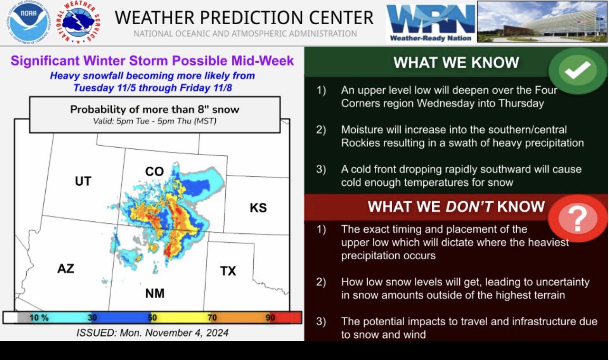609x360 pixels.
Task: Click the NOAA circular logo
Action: [29, 23]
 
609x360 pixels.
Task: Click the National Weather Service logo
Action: [78, 23]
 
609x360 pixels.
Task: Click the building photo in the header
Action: [542, 22]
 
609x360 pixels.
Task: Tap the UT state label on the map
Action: [83, 181]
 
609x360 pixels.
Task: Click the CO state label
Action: [155, 172]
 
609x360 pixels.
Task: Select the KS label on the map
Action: [258, 208]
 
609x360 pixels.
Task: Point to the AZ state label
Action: [66, 269]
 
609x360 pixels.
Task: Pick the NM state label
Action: [155, 293]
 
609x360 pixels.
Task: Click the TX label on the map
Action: [228, 271]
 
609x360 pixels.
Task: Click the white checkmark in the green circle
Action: [577, 70]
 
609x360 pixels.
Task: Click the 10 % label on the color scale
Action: [39, 318]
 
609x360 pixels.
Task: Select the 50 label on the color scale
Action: [152, 318]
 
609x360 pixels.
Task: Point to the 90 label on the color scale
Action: [270, 318]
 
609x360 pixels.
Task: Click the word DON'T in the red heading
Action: [469, 206]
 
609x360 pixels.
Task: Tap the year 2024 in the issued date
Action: [217, 333]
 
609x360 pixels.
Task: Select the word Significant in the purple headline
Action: [45, 61]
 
